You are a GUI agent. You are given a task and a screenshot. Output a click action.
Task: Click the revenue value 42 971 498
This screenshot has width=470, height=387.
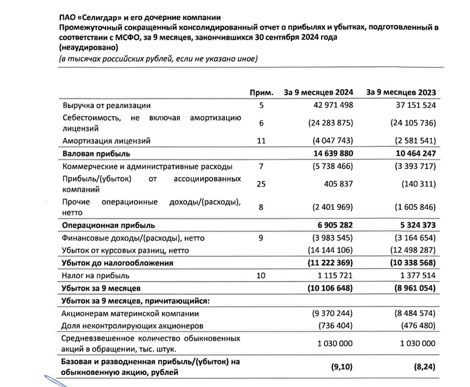323,105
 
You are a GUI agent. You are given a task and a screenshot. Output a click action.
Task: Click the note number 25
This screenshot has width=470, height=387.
262,184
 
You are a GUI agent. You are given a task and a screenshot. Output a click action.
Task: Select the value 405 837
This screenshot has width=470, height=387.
330,184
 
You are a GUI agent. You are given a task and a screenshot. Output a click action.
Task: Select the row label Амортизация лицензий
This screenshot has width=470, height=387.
101,141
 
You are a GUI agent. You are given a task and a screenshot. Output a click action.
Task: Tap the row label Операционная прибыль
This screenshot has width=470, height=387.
108,226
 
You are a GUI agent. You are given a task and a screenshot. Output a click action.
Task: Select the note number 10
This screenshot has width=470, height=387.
262,276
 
